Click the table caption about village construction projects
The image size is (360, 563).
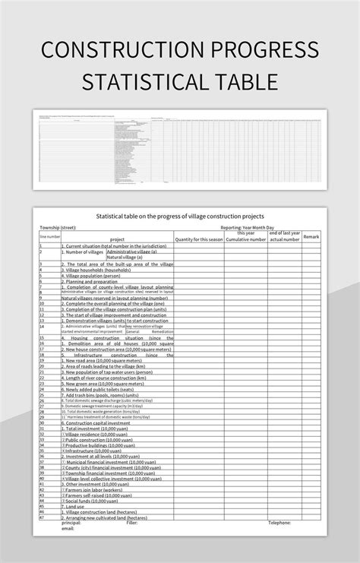tap(179, 217)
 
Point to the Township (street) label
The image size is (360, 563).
tap(58, 227)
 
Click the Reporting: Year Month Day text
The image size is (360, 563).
tap(246, 227)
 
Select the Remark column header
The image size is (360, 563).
tap(311, 236)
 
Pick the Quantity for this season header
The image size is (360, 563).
tap(198, 239)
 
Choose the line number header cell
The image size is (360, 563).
tap(49, 236)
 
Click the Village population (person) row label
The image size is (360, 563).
tap(96, 276)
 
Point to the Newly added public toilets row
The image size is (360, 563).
tap(103, 388)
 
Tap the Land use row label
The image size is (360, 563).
tap(77, 508)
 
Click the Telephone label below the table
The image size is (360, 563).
tap(279, 523)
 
